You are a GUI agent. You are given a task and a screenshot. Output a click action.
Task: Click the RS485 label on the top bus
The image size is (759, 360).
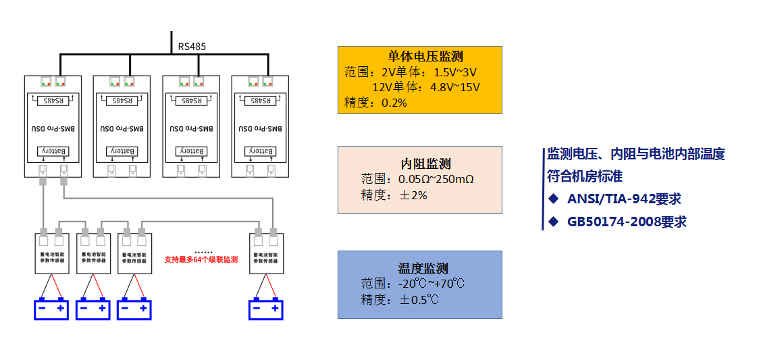point(192,47)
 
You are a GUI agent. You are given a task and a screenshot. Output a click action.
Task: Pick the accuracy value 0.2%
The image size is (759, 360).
point(394,103)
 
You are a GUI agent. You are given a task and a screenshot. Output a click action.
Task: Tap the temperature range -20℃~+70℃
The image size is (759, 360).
point(431,283)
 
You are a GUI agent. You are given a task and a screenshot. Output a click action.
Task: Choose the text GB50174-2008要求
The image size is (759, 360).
point(627,222)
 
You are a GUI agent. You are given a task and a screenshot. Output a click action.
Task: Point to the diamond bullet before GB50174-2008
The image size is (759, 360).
point(554,222)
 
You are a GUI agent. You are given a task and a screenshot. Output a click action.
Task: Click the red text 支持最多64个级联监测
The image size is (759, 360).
point(201,259)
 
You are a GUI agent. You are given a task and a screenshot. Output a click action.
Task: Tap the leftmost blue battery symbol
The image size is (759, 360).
point(52,309)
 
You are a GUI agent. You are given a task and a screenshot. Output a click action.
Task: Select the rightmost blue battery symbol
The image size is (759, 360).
point(266,309)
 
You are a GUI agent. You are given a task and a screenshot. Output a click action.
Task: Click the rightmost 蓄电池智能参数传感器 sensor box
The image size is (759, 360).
point(266,255)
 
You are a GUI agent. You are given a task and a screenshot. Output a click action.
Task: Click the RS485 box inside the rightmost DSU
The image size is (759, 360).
point(260,101)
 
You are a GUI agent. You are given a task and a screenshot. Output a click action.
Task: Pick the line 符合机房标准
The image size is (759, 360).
point(585,176)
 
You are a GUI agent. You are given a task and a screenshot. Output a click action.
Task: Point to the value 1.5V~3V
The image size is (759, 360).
point(455,72)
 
